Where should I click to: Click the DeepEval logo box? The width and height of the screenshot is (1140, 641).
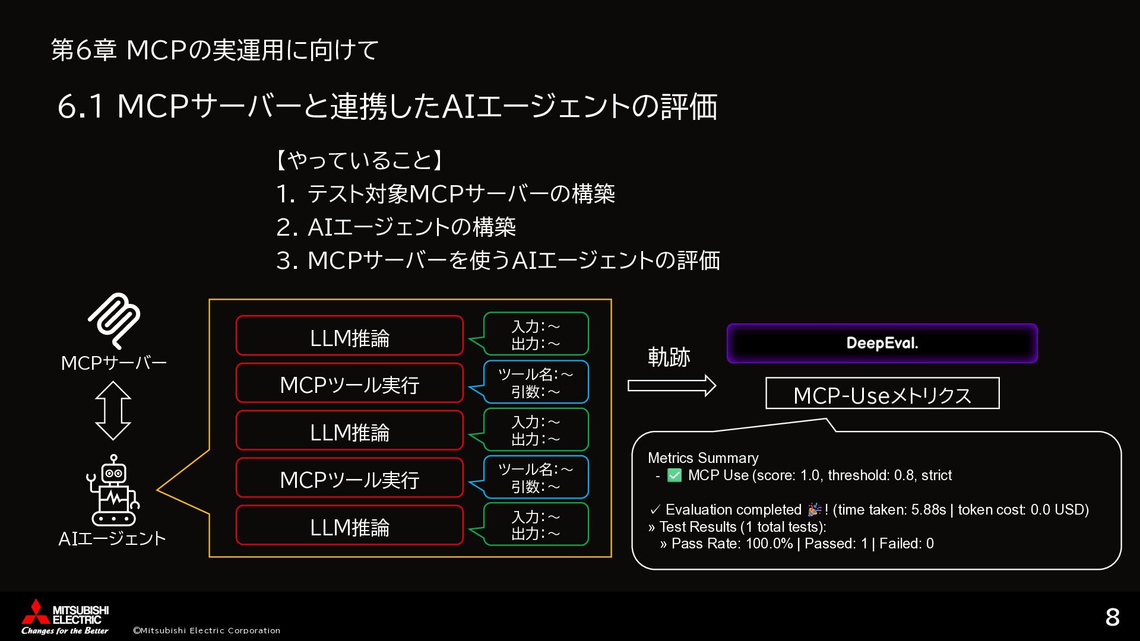[x=882, y=343]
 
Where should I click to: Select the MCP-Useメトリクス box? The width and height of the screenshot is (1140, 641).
[x=882, y=394]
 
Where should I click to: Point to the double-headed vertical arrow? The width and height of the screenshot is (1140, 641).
[x=113, y=410]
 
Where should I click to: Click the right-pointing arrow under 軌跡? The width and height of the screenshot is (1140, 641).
[x=672, y=386]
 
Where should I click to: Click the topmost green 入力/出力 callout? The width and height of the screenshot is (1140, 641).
[x=536, y=334]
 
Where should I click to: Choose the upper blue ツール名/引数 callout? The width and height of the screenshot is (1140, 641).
[x=536, y=382]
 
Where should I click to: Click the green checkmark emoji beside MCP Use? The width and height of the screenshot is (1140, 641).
[x=674, y=475]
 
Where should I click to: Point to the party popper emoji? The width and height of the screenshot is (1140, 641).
[x=815, y=510]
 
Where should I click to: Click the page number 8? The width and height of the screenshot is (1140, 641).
[x=1112, y=617]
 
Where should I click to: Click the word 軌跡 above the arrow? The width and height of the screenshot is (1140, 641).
[x=669, y=357]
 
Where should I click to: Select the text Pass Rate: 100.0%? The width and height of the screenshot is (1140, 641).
[x=731, y=544]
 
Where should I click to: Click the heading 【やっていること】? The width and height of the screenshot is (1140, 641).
[x=359, y=160]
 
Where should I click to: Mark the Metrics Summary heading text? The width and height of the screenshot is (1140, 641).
[x=703, y=458]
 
